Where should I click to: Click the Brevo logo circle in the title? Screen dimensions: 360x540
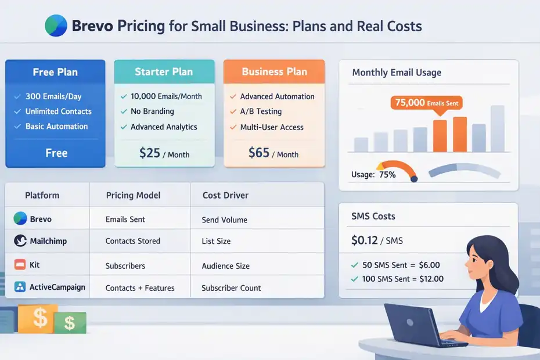(x=56, y=26)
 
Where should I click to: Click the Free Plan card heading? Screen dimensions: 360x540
(x=55, y=73)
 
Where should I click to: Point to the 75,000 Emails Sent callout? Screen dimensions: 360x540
(x=427, y=103)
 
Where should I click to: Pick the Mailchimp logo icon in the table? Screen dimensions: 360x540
(x=20, y=240)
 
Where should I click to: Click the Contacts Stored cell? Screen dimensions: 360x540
(x=132, y=241)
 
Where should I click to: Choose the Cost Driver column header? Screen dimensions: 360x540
(x=225, y=196)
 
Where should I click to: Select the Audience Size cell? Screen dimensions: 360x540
(x=225, y=266)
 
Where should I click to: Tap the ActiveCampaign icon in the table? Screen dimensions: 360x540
(x=20, y=287)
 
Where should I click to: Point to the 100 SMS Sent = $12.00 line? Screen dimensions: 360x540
(x=402, y=279)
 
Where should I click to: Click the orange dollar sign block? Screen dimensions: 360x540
(x=38, y=318)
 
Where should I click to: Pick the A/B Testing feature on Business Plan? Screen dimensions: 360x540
(x=261, y=111)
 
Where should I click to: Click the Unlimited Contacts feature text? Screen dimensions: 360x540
(x=58, y=111)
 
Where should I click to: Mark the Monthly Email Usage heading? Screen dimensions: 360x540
(x=397, y=73)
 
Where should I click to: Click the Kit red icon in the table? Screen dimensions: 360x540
(x=19, y=265)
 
